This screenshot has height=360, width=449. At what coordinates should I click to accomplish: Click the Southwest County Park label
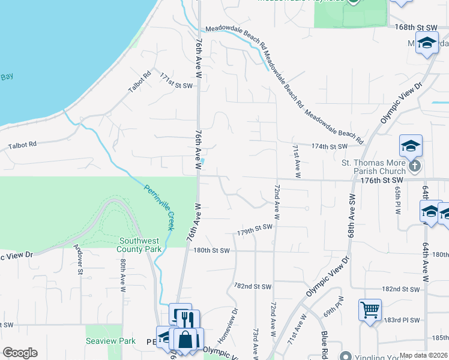[140, 244]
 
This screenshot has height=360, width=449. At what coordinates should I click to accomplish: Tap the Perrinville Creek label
[159, 207]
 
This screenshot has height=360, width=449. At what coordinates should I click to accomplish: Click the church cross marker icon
[414, 166]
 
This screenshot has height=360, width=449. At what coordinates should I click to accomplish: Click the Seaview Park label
[119, 341]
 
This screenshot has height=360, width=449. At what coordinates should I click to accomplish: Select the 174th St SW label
[330, 146]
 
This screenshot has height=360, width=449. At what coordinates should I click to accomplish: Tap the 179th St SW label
[255, 229]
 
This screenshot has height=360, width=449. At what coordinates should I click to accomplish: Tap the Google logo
[20, 353]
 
